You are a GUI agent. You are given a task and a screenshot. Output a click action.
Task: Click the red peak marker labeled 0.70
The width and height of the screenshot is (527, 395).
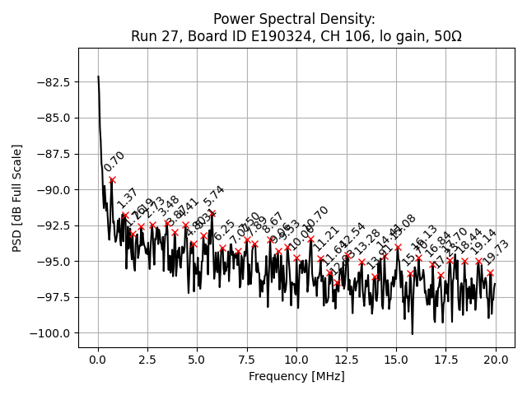(x=112, y=179)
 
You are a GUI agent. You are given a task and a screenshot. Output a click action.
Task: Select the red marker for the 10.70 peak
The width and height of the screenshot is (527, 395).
(x=310, y=239)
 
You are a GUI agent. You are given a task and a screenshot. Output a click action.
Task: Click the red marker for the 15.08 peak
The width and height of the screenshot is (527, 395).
(x=398, y=247)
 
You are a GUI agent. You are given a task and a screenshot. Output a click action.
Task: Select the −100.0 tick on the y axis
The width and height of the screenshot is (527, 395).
(x=52, y=333)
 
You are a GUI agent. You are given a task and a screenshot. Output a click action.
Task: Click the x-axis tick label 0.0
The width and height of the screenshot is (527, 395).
(x=98, y=360)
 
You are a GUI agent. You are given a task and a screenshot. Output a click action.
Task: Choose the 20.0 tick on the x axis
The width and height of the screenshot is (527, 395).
(x=495, y=360)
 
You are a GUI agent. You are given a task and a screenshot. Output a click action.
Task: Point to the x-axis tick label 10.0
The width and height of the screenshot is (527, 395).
(x=296, y=360)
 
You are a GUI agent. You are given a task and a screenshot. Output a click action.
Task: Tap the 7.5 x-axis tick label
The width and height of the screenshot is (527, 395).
(x=247, y=360)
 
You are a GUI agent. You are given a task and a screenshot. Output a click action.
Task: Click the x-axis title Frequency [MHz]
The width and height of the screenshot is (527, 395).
(x=296, y=377)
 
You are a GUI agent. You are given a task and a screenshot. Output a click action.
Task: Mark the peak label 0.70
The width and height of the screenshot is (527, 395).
(x=115, y=161)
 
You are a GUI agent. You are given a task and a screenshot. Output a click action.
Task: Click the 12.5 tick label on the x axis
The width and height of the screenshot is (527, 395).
(x=346, y=360)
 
